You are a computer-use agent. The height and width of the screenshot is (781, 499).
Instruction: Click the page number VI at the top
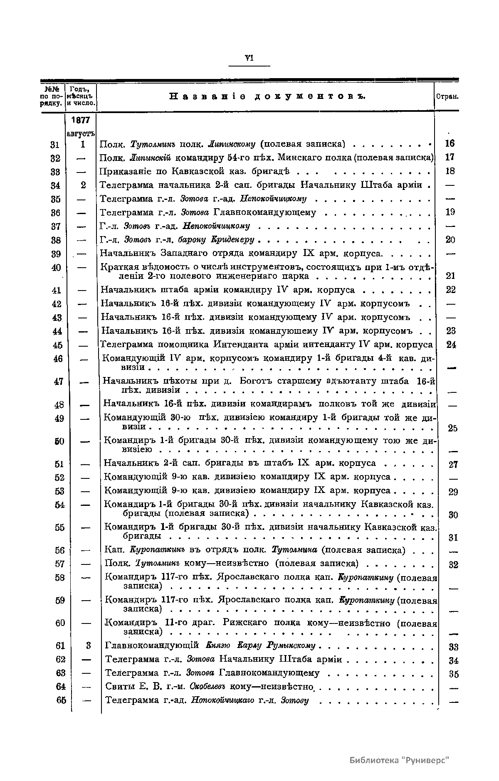pos(249,58)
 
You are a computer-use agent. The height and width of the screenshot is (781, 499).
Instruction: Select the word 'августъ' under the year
pos(81,134)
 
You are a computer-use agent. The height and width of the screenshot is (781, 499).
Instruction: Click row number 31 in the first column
pos(54,145)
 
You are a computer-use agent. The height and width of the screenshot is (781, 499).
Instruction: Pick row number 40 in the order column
pos(56,268)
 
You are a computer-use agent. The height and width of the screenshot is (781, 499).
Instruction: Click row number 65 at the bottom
pos(61,700)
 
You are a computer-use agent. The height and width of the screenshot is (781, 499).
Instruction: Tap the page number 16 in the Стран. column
pos(450,144)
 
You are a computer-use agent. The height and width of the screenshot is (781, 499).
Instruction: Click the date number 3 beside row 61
pos(88,645)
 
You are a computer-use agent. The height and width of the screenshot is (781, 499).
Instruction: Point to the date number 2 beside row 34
pos(83,185)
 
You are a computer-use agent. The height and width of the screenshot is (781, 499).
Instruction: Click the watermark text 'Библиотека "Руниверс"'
pos(399,760)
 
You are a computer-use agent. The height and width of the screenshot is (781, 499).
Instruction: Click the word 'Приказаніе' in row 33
pos(124,171)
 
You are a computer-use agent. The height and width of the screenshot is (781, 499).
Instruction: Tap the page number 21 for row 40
pos(450,276)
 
